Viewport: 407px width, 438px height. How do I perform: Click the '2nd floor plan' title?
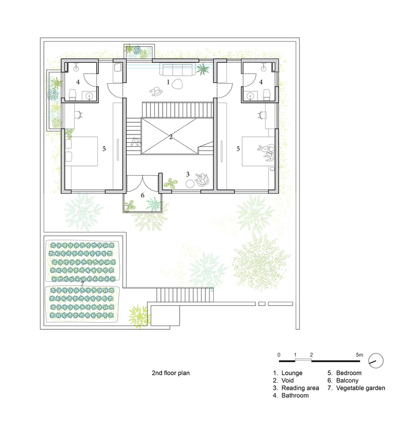click(x=170, y=373)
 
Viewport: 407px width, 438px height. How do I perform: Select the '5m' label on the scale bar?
click(x=360, y=355)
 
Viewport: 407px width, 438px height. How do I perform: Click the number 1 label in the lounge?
click(x=168, y=82)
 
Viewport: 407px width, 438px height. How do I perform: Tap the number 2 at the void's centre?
click(x=171, y=137)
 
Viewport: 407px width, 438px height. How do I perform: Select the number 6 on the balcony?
click(x=142, y=195)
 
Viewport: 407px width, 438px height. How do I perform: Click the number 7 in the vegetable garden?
click(x=82, y=284)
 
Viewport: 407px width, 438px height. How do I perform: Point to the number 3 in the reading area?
click(x=188, y=174)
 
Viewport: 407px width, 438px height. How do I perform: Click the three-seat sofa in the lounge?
click(x=177, y=70)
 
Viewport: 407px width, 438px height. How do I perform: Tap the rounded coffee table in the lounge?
click(x=177, y=84)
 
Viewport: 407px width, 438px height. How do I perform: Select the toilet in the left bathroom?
click(x=73, y=94)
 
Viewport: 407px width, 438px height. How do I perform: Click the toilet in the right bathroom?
click(x=267, y=94)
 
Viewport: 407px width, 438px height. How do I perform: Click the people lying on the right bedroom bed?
click(x=267, y=152)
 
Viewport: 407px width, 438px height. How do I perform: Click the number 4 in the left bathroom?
click(x=78, y=82)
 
